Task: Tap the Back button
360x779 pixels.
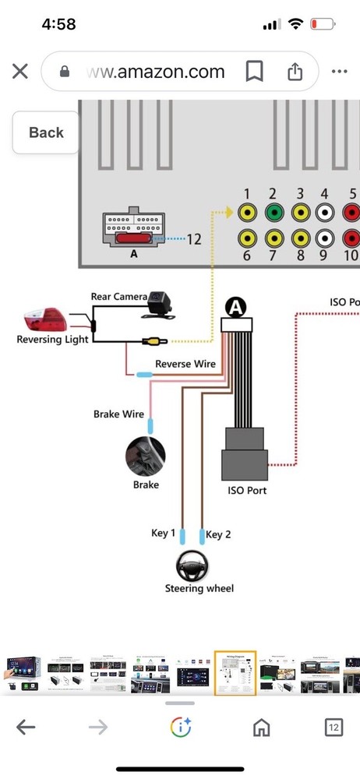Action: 46,132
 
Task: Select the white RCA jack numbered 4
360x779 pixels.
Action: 325,213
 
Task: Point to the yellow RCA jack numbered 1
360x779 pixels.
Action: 247,213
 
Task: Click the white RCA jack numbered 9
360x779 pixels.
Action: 325,238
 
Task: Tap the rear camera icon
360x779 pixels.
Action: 159,304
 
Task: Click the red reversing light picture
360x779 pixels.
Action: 45,320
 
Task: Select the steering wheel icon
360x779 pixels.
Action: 192,566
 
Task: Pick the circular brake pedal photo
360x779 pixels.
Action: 145,456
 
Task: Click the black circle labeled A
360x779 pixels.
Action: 236,308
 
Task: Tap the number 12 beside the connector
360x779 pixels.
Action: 194,239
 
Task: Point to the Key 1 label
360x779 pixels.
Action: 163,533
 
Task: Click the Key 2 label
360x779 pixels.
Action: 218,534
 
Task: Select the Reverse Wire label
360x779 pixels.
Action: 185,364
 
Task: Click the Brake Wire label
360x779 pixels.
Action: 119,414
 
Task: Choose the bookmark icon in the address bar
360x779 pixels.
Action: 254,72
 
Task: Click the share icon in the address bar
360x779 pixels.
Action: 295,72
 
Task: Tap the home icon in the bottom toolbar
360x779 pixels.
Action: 262,728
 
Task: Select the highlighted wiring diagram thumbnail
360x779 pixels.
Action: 235,674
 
